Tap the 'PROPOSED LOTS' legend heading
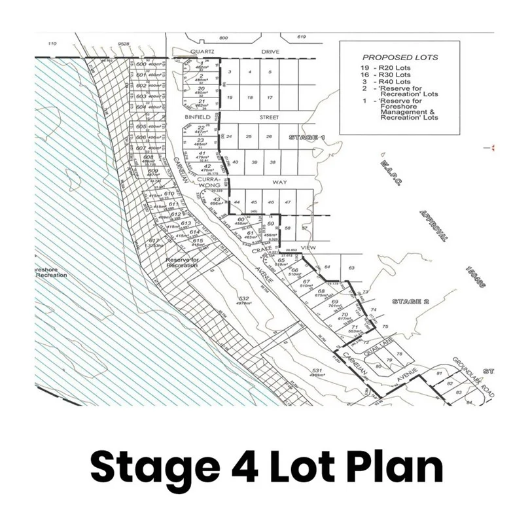pos(400,58)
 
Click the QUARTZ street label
pos(202,50)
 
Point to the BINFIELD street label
pos(198,118)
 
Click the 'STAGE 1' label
pos(307,137)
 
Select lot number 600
pos(141,64)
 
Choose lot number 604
pos(141,107)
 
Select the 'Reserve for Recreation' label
pos(181,262)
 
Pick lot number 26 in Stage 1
pos(268,136)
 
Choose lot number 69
pos(334,302)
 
